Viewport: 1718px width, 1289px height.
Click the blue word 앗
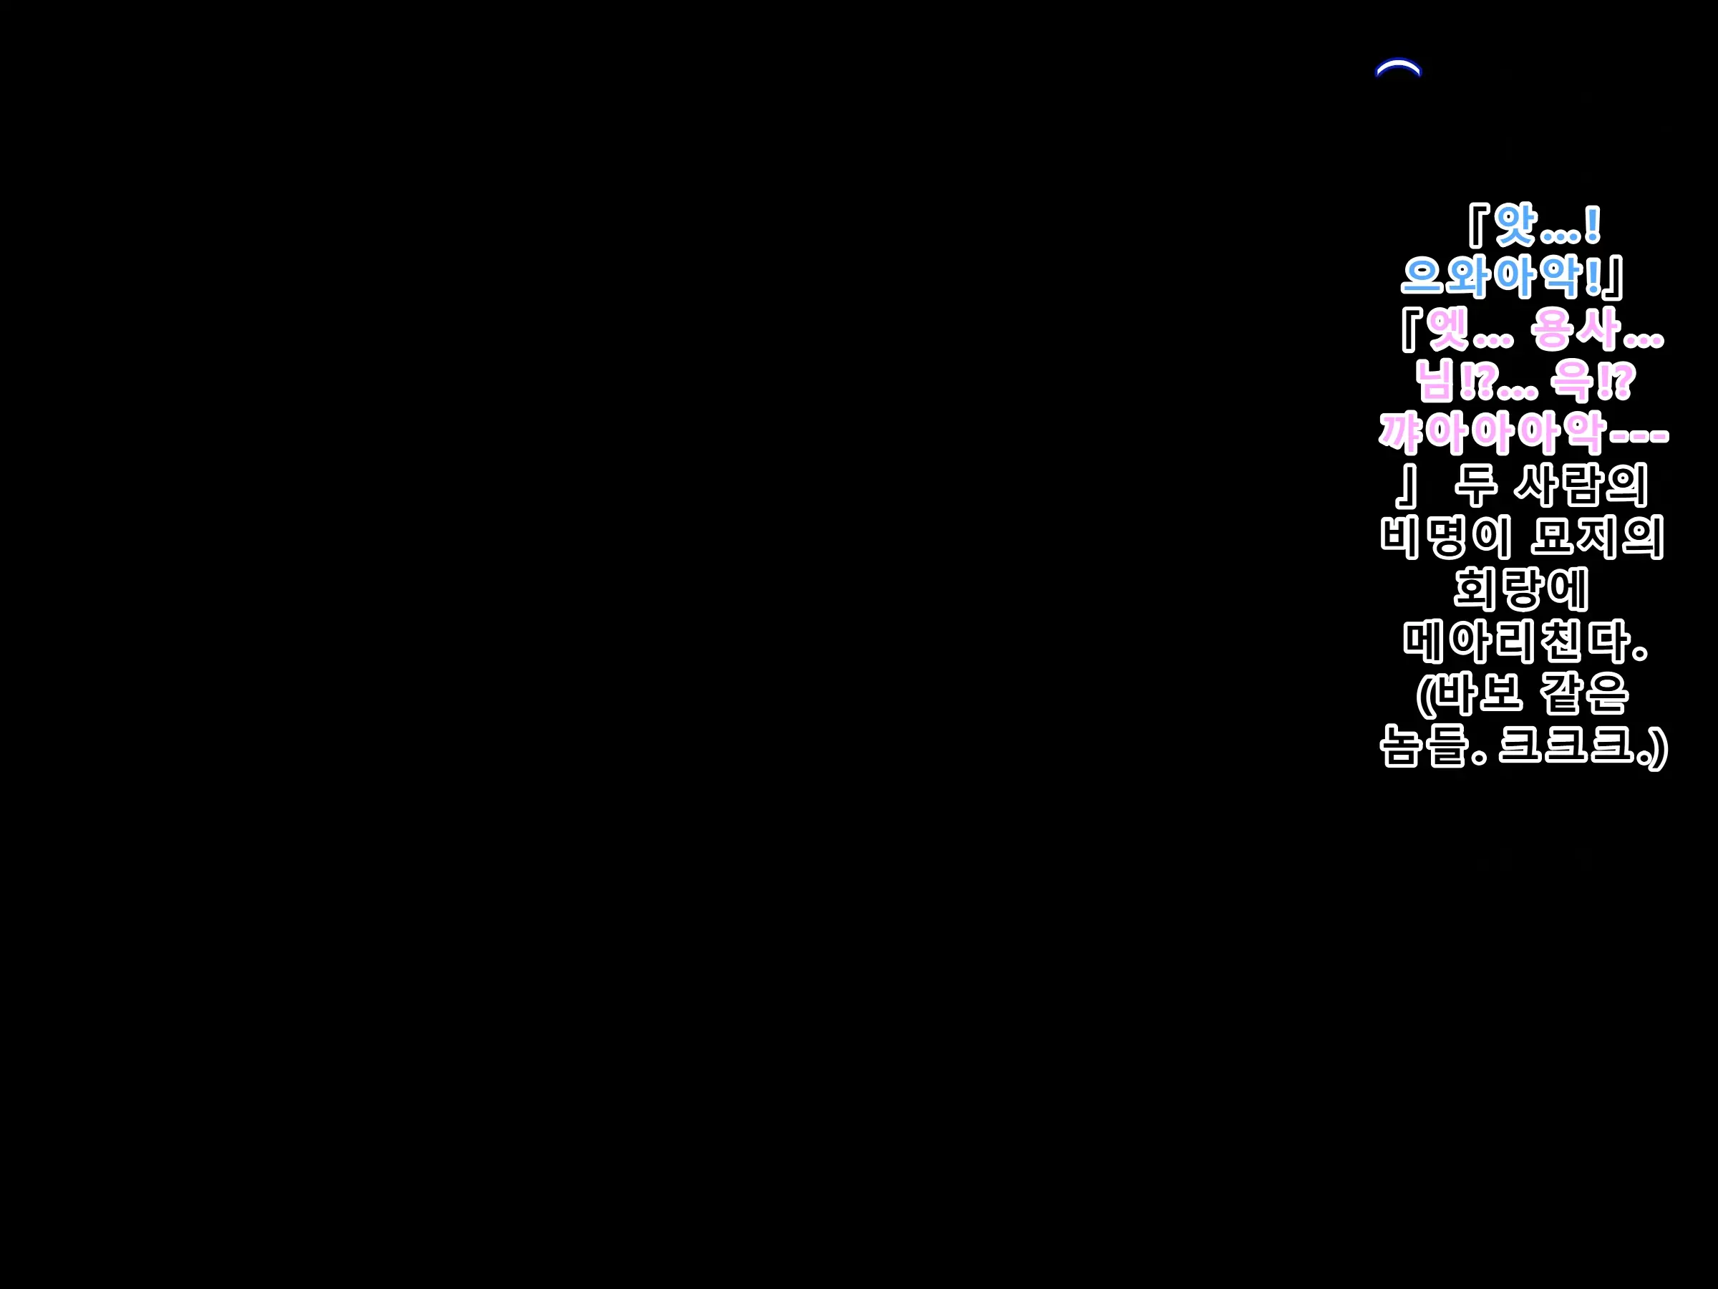click(1515, 225)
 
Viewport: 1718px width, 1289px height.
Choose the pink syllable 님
click(1437, 381)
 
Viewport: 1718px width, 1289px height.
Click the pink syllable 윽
click(1572, 381)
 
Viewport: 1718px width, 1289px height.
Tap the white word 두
click(1475, 485)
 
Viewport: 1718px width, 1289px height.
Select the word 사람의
click(1580, 485)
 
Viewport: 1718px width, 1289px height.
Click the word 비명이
click(1446, 537)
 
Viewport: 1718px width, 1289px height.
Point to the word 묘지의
click(1598, 537)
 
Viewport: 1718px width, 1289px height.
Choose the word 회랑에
click(1520, 589)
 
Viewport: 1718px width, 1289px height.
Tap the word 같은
click(1584, 693)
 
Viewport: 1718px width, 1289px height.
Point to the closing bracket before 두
click(1407, 485)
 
